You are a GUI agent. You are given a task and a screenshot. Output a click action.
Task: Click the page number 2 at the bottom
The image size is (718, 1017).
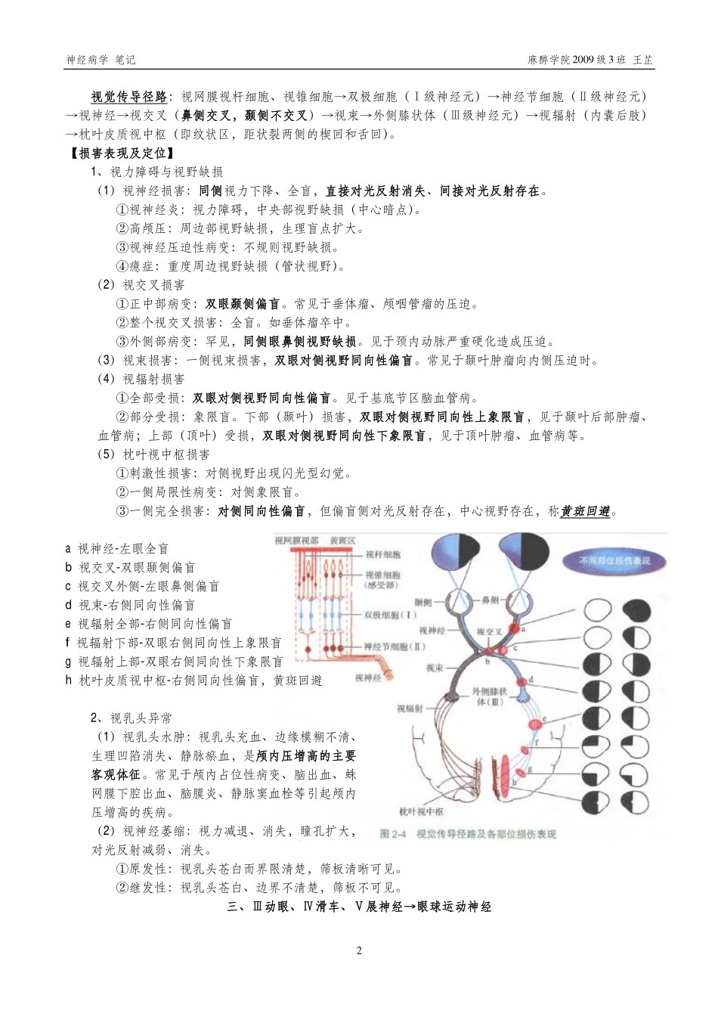359,950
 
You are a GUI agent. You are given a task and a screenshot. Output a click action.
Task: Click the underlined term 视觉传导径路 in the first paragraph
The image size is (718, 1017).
129,97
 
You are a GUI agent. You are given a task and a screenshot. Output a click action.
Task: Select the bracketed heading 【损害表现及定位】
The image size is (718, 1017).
119,153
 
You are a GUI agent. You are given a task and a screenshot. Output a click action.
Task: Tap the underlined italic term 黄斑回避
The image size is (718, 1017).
586,512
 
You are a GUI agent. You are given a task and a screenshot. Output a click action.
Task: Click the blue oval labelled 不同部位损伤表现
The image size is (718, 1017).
614,561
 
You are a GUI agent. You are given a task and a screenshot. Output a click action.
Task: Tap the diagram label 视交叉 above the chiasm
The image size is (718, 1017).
489,631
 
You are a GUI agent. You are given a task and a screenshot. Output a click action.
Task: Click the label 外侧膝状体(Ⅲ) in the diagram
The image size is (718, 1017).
490,696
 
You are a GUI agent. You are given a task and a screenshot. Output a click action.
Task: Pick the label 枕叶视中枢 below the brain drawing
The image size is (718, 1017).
421,812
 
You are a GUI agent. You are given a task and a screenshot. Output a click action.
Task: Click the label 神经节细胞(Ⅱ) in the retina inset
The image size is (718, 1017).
395,646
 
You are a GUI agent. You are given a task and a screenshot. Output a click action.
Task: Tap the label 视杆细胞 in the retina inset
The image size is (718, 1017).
383,555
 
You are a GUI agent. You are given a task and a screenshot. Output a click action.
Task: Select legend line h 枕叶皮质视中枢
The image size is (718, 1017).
193,681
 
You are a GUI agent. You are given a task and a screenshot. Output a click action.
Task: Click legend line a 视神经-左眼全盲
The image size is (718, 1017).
116,549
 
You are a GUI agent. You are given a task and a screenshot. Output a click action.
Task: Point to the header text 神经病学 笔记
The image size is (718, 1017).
101,60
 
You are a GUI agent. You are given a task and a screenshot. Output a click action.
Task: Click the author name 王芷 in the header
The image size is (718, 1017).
642,60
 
